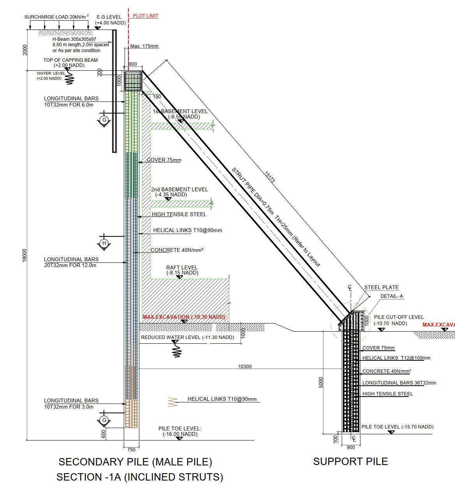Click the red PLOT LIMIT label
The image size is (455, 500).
click(146, 16)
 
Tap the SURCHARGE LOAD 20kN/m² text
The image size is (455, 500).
click(56, 17)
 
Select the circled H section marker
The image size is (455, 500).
click(104, 243)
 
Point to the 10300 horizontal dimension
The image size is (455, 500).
click(245, 366)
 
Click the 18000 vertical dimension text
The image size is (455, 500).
click(25, 255)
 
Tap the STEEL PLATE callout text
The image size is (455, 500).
click(381, 287)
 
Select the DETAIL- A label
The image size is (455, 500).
click(392, 296)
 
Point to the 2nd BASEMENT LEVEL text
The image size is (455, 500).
click(179, 189)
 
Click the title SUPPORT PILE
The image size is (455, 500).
click(350, 462)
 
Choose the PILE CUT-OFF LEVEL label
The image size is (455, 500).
click(399, 317)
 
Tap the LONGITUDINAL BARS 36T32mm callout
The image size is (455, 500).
click(399, 383)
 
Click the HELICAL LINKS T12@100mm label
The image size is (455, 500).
click(396, 358)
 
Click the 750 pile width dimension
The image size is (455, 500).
click(131, 449)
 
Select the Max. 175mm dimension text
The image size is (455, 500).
click(144, 46)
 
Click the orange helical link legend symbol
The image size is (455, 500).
click(172, 402)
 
